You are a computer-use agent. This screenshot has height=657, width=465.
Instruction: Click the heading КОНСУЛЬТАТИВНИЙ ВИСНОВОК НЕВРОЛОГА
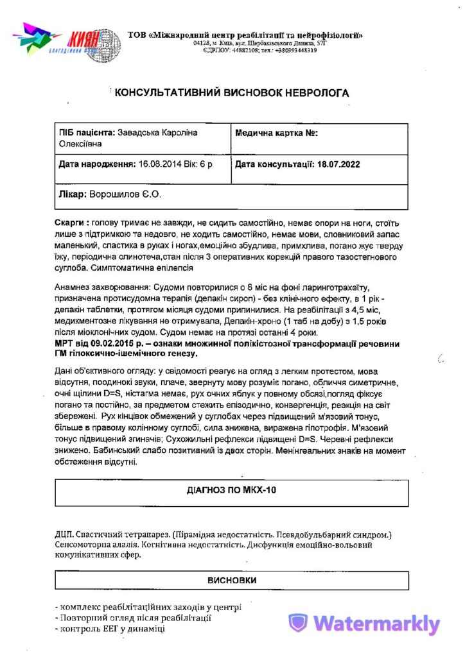(x=232, y=93)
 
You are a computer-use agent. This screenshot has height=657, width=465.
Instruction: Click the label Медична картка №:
(x=277, y=133)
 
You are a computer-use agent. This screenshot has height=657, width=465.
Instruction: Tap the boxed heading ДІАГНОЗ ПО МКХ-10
(x=232, y=491)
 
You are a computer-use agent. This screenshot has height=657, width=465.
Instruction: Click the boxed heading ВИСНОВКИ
(x=232, y=581)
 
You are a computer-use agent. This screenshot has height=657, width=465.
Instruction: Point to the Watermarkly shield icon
(x=297, y=624)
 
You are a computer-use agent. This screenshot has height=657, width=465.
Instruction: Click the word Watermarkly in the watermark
(x=377, y=624)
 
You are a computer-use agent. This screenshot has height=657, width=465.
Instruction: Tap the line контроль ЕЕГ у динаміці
(x=113, y=629)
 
